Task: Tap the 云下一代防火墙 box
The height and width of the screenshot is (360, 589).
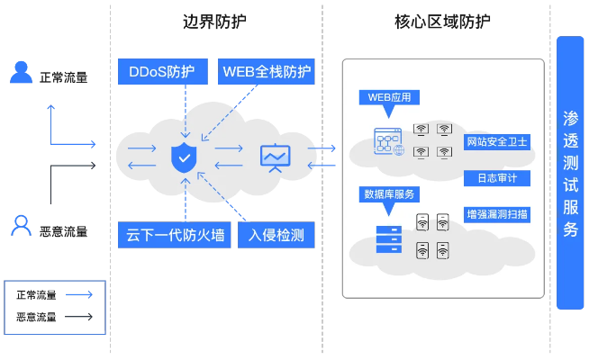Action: [176, 236]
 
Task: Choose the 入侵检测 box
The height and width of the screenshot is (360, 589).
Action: [276, 236]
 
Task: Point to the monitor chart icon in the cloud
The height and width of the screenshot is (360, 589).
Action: [274, 157]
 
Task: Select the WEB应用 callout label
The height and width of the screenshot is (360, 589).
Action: [389, 96]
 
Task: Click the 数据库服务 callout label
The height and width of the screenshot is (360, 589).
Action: [389, 193]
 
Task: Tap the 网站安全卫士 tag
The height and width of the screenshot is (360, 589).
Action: [497, 142]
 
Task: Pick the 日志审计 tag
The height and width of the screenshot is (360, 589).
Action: [497, 177]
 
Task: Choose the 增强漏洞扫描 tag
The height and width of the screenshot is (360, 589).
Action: [497, 214]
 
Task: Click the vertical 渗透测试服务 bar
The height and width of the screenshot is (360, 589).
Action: [570, 173]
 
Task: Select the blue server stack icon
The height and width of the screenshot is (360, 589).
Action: [389, 238]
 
